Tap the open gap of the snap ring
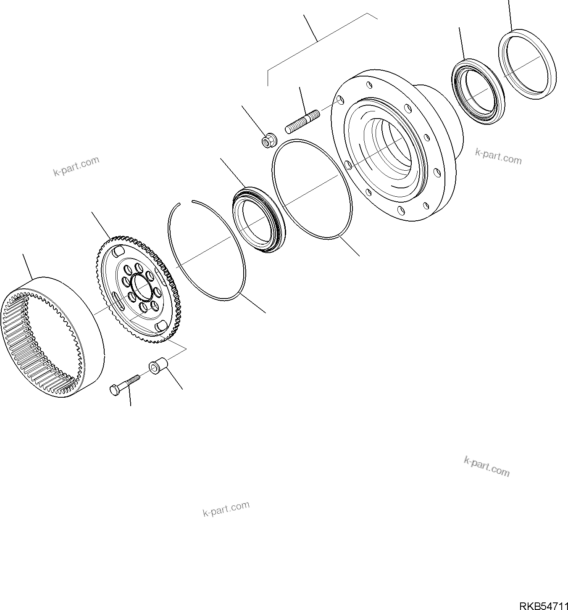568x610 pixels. (186, 203)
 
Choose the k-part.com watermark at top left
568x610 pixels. (76, 166)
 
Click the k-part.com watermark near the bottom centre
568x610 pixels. (226, 509)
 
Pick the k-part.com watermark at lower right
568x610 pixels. (486, 466)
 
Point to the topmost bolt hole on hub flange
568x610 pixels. (369, 86)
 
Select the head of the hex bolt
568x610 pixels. (114, 390)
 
